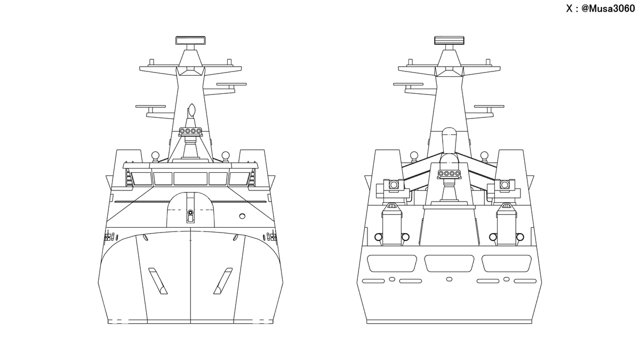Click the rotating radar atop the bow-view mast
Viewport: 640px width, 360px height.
[x=190, y=41]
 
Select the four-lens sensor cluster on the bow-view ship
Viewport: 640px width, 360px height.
[x=190, y=131]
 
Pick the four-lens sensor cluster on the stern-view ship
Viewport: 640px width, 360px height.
[x=449, y=173]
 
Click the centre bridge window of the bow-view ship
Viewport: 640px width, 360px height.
[x=190, y=178]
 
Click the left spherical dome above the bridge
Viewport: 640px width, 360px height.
[x=155, y=156]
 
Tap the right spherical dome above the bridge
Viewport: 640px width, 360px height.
[x=226, y=156]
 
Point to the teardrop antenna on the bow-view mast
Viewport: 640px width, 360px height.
[x=191, y=110]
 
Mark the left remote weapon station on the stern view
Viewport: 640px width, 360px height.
[x=394, y=185]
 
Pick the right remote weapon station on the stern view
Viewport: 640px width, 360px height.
[x=505, y=185]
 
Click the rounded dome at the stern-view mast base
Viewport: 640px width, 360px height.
[x=449, y=134]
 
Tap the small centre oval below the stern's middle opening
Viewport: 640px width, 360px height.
[x=449, y=279]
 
